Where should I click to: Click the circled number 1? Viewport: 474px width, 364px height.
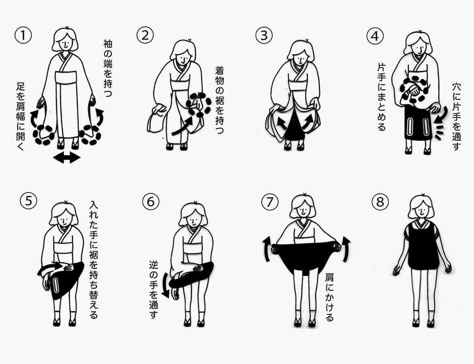pyautogui.click(x=23, y=35)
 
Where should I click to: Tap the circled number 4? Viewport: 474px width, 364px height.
pyautogui.click(x=375, y=36)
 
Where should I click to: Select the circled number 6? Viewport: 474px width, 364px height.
pyautogui.click(x=151, y=201)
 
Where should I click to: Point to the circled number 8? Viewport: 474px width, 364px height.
pyautogui.click(x=380, y=201)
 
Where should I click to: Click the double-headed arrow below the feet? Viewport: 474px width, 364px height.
pyautogui.click(x=67, y=157)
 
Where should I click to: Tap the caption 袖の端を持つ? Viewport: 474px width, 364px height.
pyautogui.click(x=108, y=68)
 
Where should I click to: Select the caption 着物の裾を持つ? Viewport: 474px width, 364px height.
pyautogui.click(x=220, y=100)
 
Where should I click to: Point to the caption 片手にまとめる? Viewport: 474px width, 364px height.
pyautogui.click(x=382, y=97)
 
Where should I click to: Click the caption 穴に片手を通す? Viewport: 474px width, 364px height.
pyautogui.click(x=456, y=116)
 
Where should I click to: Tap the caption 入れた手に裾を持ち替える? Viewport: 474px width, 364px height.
pyautogui.click(x=94, y=259)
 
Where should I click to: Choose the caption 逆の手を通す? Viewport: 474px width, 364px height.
pyautogui.click(x=154, y=290)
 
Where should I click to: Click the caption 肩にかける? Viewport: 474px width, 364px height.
pyautogui.click(x=329, y=297)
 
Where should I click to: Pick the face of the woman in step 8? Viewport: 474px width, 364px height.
pyautogui.click(x=421, y=210)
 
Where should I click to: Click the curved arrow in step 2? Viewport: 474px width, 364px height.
pyautogui.click(x=183, y=126)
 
